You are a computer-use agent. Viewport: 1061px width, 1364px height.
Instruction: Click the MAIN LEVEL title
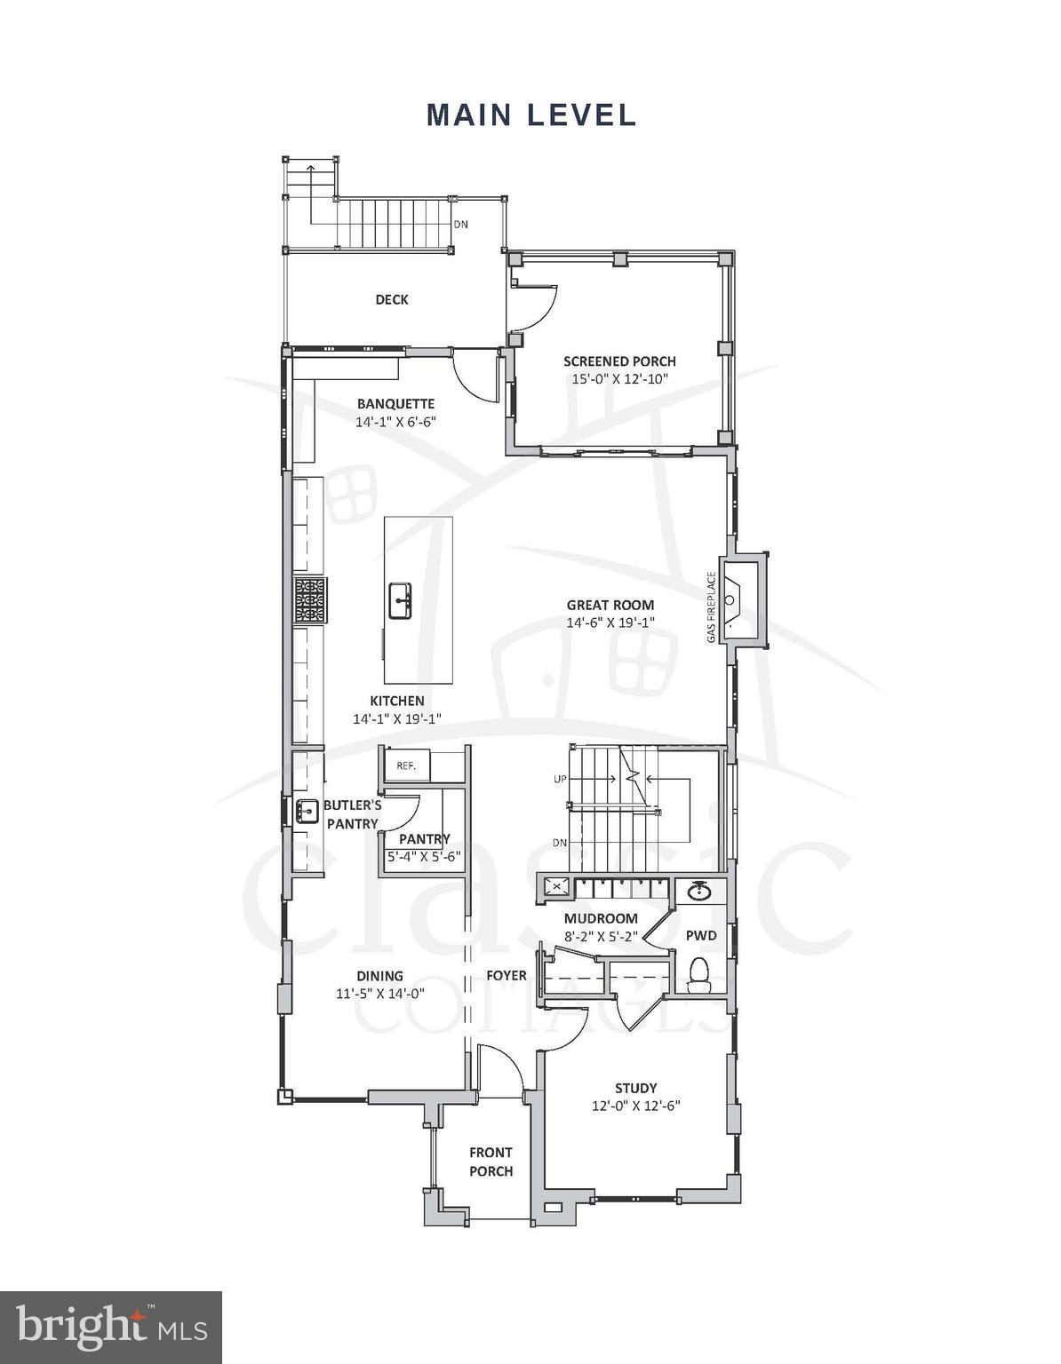[x=530, y=115]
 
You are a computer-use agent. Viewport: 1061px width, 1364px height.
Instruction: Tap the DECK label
[x=391, y=300]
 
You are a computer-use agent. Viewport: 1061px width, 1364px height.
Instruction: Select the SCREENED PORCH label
[x=619, y=361]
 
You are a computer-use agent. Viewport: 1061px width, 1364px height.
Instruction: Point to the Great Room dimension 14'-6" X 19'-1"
[x=610, y=623]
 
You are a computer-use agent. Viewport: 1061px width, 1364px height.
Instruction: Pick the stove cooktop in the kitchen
[x=311, y=600]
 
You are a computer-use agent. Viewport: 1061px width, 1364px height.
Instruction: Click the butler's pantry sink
[x=307, y=811]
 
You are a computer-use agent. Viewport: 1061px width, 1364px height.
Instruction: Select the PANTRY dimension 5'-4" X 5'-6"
[x=424, y=857]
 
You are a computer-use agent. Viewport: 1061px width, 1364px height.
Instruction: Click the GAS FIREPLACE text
[x=711, y=609]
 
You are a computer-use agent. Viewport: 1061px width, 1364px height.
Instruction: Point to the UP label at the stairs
[x=560, y=780]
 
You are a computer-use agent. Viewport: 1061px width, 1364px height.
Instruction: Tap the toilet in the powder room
[x=699, y=974]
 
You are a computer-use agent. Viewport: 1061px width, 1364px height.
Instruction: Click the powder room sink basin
[x=699, y=891]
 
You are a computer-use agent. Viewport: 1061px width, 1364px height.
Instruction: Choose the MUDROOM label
[x=601, y=918]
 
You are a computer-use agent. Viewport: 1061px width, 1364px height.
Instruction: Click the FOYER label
[x=506, y=975]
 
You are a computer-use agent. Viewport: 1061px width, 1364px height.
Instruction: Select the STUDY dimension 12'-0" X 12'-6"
[x=636, y=1106]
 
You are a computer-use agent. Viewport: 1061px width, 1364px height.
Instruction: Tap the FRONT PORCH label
[x=491, y=1162]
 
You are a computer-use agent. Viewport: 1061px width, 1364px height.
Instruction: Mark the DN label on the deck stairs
[x=460, y=225]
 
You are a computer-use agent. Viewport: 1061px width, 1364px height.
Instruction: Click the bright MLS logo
[x=111, y=1328]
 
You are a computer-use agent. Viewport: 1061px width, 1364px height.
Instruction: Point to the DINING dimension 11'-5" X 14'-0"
[x=380, y=995]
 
